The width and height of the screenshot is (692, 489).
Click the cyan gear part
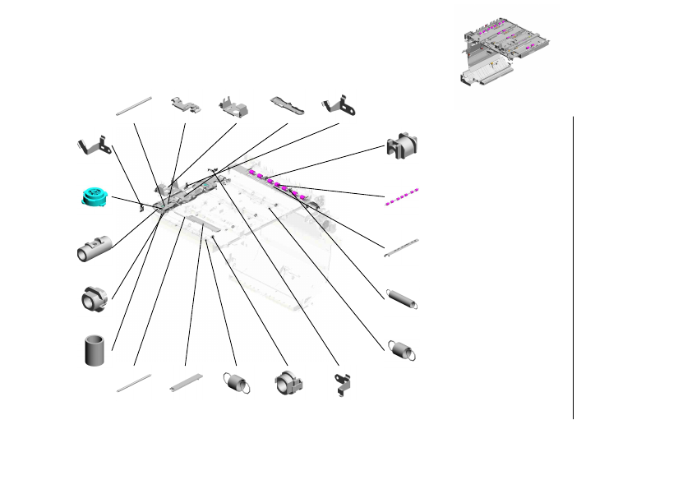click(95, 196)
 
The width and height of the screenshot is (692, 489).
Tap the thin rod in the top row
click(135, 105)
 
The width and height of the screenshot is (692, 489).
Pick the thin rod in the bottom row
click(134, 383)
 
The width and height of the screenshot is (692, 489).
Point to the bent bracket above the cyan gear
click(94, 145)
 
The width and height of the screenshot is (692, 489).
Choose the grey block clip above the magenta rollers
click(403, 145)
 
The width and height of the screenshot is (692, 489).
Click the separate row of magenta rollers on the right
click(402, 197)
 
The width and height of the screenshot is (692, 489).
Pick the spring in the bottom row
click(236, 382)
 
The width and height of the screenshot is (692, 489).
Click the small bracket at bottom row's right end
click(341, 383)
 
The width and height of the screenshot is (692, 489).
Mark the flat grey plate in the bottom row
click(186, 382)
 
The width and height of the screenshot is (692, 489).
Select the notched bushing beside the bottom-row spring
click(288, 383)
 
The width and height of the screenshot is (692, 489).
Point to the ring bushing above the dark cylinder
click(95, 299)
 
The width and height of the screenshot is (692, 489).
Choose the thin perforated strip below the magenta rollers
click(402, 248)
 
